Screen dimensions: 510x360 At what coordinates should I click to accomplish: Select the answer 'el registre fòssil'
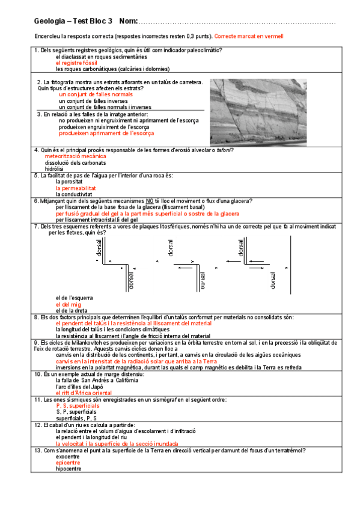(x=76, y=63)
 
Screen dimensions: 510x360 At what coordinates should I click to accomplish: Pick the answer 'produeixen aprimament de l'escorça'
(x=106, y=134)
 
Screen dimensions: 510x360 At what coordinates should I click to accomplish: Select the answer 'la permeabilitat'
(x=76, y=188)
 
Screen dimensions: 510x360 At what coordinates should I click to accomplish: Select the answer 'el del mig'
(x=69, y=304)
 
